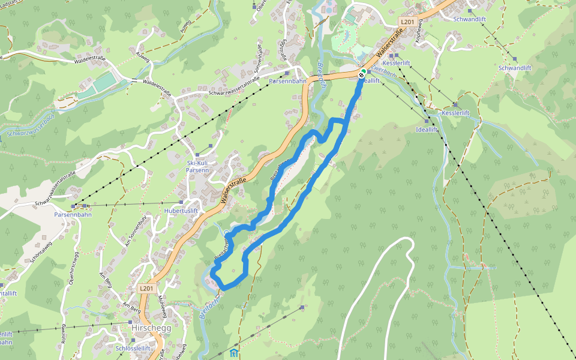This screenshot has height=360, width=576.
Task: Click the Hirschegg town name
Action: pos(151,328)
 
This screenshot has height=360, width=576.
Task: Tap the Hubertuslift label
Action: pos(181,211)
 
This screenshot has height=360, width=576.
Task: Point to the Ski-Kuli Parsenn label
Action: pos(197,166)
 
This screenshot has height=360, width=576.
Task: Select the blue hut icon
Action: pos(233,353)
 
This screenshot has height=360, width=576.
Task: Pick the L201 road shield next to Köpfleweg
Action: pos(407,22)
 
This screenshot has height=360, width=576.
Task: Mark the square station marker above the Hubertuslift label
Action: pos(181,202)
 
